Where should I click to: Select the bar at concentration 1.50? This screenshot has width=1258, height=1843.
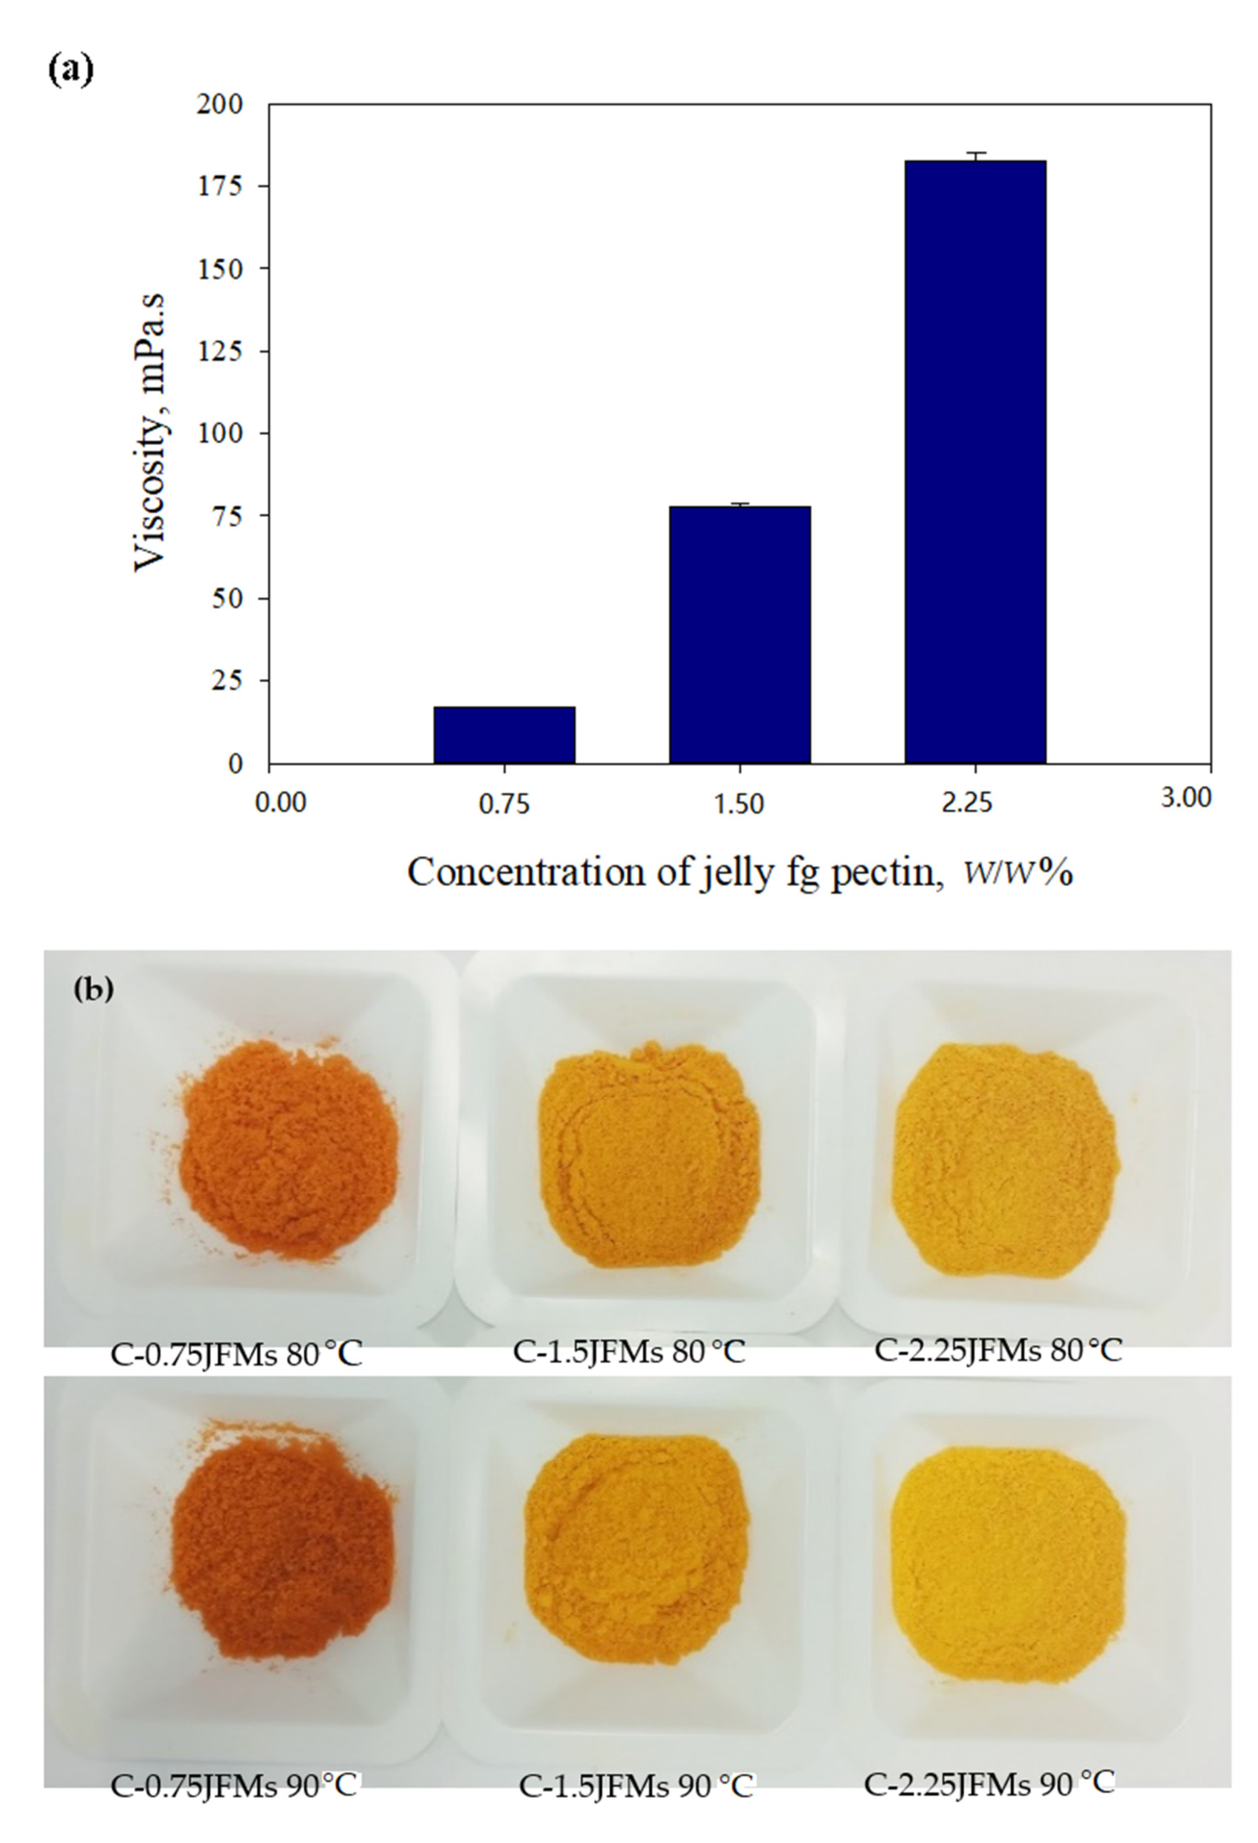pyautogui.click(x=739, y=635)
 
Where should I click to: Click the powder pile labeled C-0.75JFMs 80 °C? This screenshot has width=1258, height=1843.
pyautogui.click(x=289, y=1150)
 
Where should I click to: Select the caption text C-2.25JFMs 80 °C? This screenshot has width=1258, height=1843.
pyautogui.click(x=998, y=1350)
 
